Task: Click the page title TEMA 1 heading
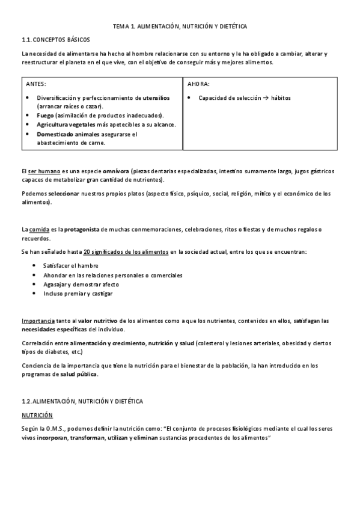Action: (180, 27)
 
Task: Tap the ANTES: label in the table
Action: (37, 84)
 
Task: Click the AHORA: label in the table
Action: (199, 84)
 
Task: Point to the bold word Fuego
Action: (46, 115)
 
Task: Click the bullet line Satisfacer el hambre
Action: (71, 266)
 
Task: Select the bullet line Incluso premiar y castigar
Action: (78, 293)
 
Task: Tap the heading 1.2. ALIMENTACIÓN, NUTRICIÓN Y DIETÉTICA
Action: (82, 401)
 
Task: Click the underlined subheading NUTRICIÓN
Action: (37, 415)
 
